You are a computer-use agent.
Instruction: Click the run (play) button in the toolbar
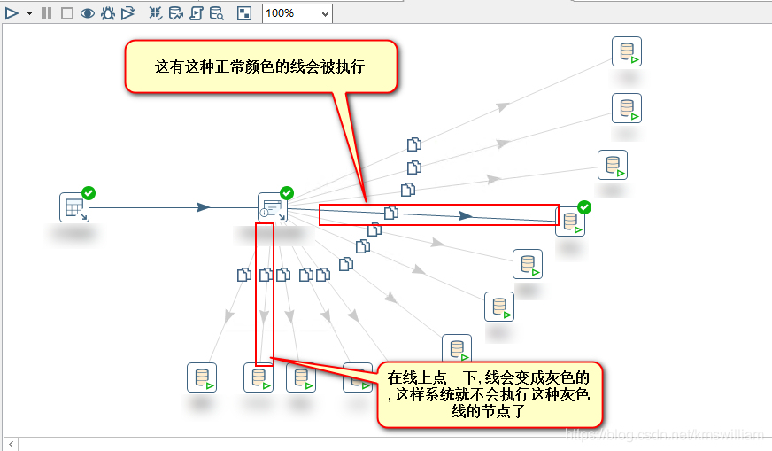pos(12,13)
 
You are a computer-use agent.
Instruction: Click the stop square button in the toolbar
pos(67,13)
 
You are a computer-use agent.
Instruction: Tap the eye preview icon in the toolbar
pos(88,13)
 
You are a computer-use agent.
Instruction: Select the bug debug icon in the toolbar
pos(108,13)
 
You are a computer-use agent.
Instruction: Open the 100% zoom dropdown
pos(297,13)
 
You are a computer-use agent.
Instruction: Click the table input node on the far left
pos(74,207)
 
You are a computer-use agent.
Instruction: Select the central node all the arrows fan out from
pos(273,207)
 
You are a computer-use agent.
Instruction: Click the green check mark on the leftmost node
pos(89,193)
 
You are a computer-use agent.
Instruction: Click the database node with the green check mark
pos(570,222)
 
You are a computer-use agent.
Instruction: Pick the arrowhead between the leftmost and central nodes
pos(204,207)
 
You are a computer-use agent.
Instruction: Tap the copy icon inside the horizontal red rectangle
pos(391,213)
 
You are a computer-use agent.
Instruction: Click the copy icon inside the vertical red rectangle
pos(265,275)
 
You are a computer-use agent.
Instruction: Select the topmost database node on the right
pos(627,51)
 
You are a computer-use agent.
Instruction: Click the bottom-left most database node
pos(202,377)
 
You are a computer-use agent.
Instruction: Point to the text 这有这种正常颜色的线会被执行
pos(260,66)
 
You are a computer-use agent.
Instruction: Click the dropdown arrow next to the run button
pos(29,13)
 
